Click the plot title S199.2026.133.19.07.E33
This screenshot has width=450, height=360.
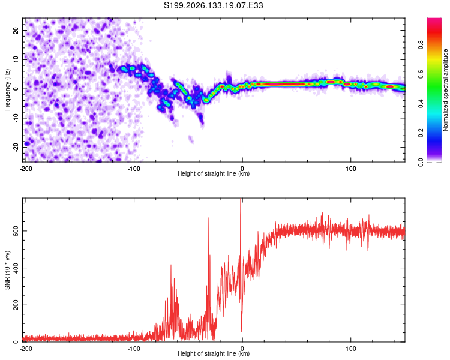213,5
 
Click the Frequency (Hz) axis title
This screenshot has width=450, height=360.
7,90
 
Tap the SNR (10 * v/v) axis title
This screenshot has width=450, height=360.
7,270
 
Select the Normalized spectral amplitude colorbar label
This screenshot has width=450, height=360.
445,90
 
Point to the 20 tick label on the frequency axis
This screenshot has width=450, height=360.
16,30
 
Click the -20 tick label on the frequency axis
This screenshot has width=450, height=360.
16,148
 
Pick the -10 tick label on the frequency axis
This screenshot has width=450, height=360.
16,118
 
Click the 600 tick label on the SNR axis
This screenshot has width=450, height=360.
16,231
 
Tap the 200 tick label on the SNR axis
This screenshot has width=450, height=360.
16,305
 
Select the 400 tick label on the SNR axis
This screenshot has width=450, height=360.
16,268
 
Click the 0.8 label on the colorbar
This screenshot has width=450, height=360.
421,45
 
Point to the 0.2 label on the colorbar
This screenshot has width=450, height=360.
421,133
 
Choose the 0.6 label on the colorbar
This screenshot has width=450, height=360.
421,74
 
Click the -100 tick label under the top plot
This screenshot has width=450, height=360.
133,169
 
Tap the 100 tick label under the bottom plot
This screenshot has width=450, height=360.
351,349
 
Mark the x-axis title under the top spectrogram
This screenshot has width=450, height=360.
214,173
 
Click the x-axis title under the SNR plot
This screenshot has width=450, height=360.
214,353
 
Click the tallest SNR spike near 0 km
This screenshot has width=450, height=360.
241,199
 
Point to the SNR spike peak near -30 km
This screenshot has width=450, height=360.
209,218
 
